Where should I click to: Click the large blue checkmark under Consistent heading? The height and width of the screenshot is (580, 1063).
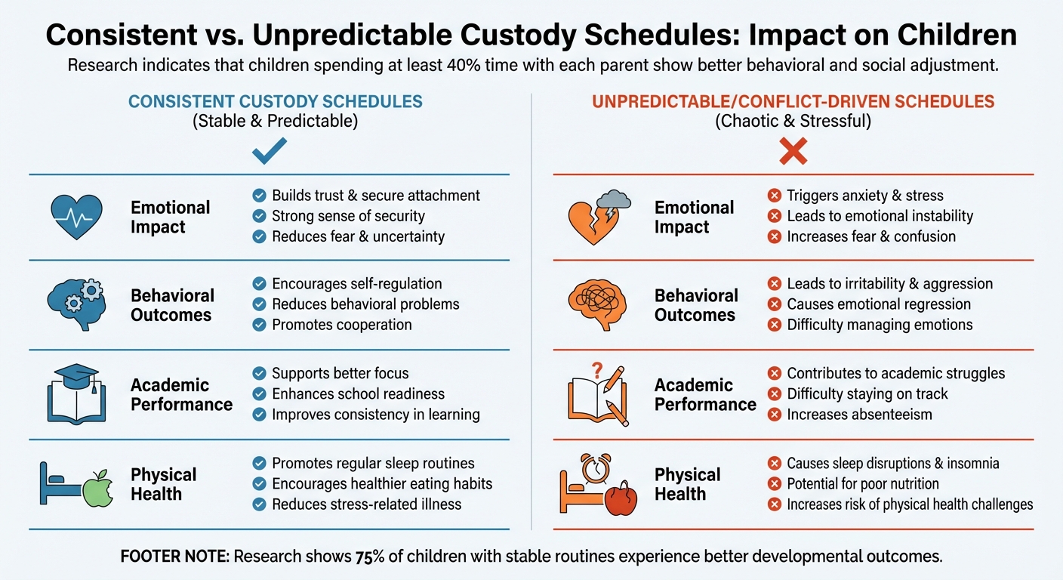tap(269, 151)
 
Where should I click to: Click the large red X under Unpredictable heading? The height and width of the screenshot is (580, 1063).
tap(793, 151)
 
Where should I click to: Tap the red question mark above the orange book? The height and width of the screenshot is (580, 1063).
tap(596, 370)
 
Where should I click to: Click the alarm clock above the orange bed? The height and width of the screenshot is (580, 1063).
tap(593, 467)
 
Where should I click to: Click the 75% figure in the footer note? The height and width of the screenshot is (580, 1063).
tap(370, 557)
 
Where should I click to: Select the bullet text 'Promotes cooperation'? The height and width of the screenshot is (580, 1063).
tap(341, 325)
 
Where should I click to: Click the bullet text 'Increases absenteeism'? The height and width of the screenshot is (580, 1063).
tap(859, 414)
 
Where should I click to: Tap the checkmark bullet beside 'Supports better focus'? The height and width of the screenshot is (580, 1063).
tap(259, 373)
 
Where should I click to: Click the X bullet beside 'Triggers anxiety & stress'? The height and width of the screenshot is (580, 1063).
tap(774, 196)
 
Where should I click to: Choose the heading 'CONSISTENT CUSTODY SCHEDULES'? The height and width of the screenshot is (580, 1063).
tap(276, 101)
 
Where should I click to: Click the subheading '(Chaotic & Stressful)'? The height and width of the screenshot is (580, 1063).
tap(793, 121)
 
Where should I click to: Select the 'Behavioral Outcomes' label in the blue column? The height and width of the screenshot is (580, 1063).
tap(172, 305)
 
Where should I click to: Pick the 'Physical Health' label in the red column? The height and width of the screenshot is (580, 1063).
tap(687, 484)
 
